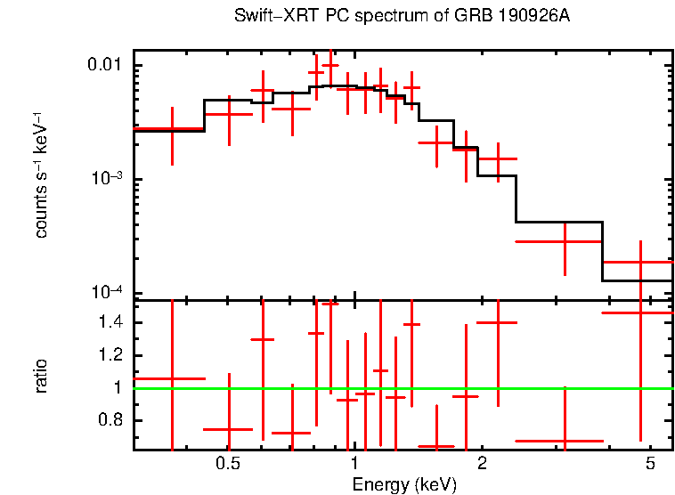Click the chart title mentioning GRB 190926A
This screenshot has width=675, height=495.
point(401,18)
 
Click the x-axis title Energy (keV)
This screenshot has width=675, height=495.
point(403,484)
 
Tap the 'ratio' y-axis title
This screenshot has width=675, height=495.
point(41,376)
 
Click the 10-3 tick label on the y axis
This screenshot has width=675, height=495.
point(107,179)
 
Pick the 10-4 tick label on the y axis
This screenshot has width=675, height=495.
point(107,293)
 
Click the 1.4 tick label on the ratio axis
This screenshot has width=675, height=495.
point(113,322)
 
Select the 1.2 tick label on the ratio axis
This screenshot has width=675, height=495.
point(113,355)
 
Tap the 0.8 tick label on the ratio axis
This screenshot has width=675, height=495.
point(113,420)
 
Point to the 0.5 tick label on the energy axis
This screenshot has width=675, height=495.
point(229,464)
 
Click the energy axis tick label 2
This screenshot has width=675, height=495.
point(481,464)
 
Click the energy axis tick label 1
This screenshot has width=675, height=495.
point(354,464)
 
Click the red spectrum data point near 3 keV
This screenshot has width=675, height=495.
point(565,241)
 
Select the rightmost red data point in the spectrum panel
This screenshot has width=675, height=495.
point(640,262)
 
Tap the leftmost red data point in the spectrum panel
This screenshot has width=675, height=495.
point(172,129)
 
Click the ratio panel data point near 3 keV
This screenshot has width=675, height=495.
point(565,441)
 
